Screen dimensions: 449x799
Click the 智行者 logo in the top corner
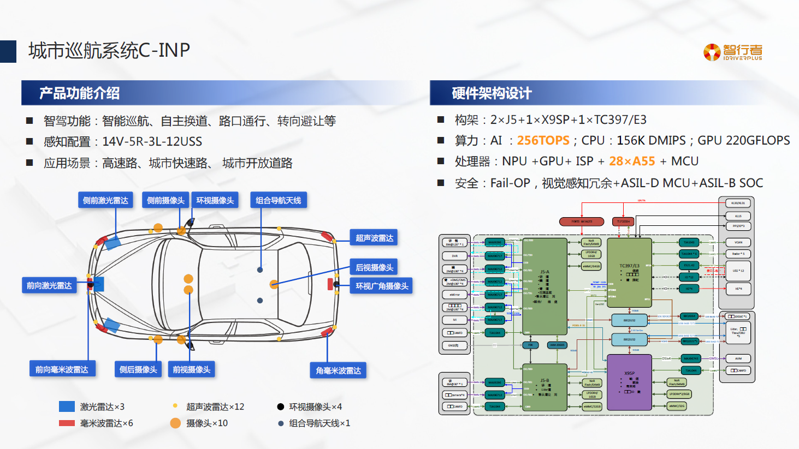click(x=732, y=52)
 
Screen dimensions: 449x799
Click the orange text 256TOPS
click(x=543, y=141)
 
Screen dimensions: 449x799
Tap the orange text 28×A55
click(x=632, y=161)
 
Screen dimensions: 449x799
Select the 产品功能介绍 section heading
click(x=80, y=93)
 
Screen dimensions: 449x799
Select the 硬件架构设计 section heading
click(x=492, y=93)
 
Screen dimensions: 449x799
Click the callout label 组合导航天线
click(x=278, y=200)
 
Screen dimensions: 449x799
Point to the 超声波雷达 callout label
click(x=374, y=238)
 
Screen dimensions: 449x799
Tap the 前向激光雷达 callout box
click(x=49, y=285)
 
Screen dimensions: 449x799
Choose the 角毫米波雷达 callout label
click(x=338, y=370)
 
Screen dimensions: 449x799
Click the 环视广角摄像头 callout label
click(x=382, y=286)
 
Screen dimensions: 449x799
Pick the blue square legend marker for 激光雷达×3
click(x=67, y=406)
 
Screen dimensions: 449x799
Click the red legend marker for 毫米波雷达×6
click(x=67, y=423)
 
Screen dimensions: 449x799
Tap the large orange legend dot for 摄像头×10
click(x=175, y=423)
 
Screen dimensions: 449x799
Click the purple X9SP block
click(x=630, y=382)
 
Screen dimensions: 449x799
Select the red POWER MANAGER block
click(x=582, y=221)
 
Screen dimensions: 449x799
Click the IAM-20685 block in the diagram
click(x=557, y=345)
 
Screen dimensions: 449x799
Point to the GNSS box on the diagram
click(x=454, y=345)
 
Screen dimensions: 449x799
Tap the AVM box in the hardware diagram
click(x=738, y=358)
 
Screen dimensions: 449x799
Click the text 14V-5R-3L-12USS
click(x=152, y=142)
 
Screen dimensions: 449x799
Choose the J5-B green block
click(x=544, y=387)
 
